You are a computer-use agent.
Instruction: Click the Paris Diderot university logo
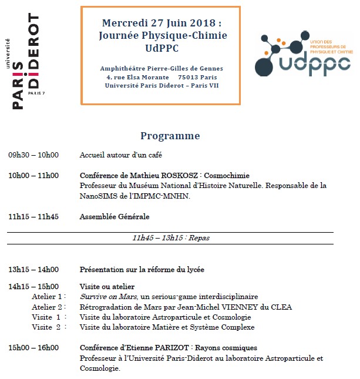coord(26,62)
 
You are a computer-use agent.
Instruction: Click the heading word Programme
coord(170,136)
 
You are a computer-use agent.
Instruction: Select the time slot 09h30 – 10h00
coord(33,155)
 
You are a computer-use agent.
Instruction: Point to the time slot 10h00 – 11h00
coord(33,175)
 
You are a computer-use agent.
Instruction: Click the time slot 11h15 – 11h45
coord(33,216)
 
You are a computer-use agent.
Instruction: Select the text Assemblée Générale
coord(115,216)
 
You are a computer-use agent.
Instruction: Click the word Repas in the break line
coord(199,238)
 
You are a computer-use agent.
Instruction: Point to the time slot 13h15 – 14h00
coord(33,270)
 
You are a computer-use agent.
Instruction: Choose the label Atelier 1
coord(48,297)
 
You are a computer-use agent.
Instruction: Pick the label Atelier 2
coord(48,307)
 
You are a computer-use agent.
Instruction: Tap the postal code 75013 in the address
coord(189,77)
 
